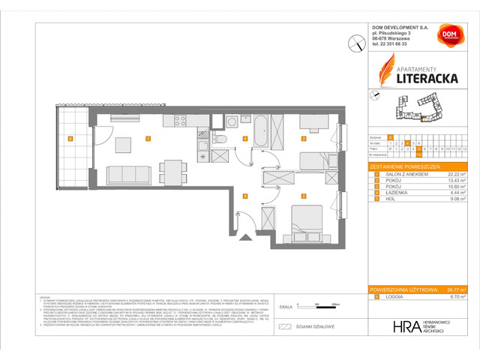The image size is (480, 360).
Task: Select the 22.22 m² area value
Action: pos(457,173)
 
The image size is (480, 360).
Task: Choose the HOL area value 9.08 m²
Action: pos(458,200)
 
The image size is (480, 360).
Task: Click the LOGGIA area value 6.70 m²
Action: pos(458,298)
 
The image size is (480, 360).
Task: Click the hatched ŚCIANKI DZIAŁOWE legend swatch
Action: pos(283,327)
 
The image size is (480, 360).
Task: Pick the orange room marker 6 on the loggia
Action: pos(70,138)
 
